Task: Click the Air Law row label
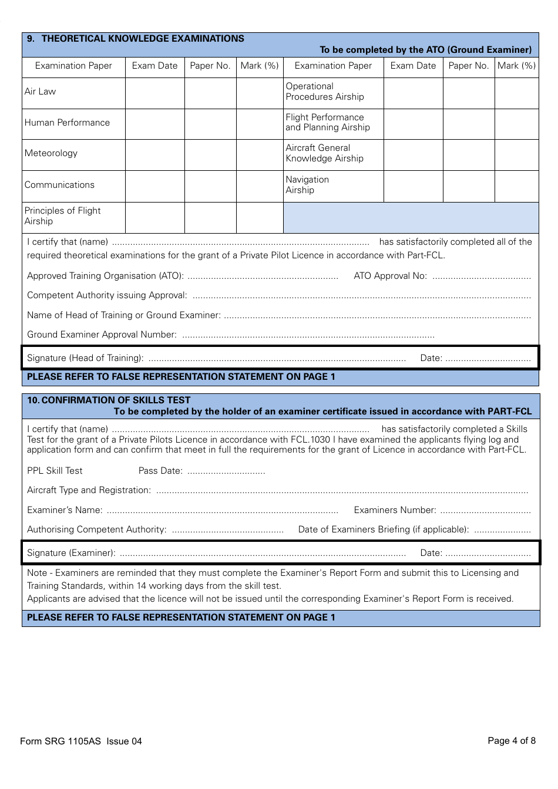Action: point(41,92)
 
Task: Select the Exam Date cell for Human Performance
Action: point(155,123)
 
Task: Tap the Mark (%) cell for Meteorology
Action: point(260,154)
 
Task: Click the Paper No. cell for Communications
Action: point(210,186)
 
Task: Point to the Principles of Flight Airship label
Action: point(63,216)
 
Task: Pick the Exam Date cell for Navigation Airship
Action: point(413,186)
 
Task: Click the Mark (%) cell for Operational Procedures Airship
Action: point(516,92)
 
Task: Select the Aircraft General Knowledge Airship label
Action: point(324,153)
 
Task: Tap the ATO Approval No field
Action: point(482,277)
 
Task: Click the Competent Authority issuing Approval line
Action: point(361,296)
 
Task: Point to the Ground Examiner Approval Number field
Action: point(308,335)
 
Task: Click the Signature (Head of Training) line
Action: point(277,359)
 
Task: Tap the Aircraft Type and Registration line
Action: point(342,491)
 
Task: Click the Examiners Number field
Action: point(485,511)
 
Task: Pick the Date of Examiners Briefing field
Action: point(502,530)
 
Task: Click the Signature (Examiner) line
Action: point(263,554)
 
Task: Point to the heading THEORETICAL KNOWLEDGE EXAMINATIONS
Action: point(143,39)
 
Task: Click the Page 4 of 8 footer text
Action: point(512,741)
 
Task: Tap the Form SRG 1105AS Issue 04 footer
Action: point(81,741)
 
